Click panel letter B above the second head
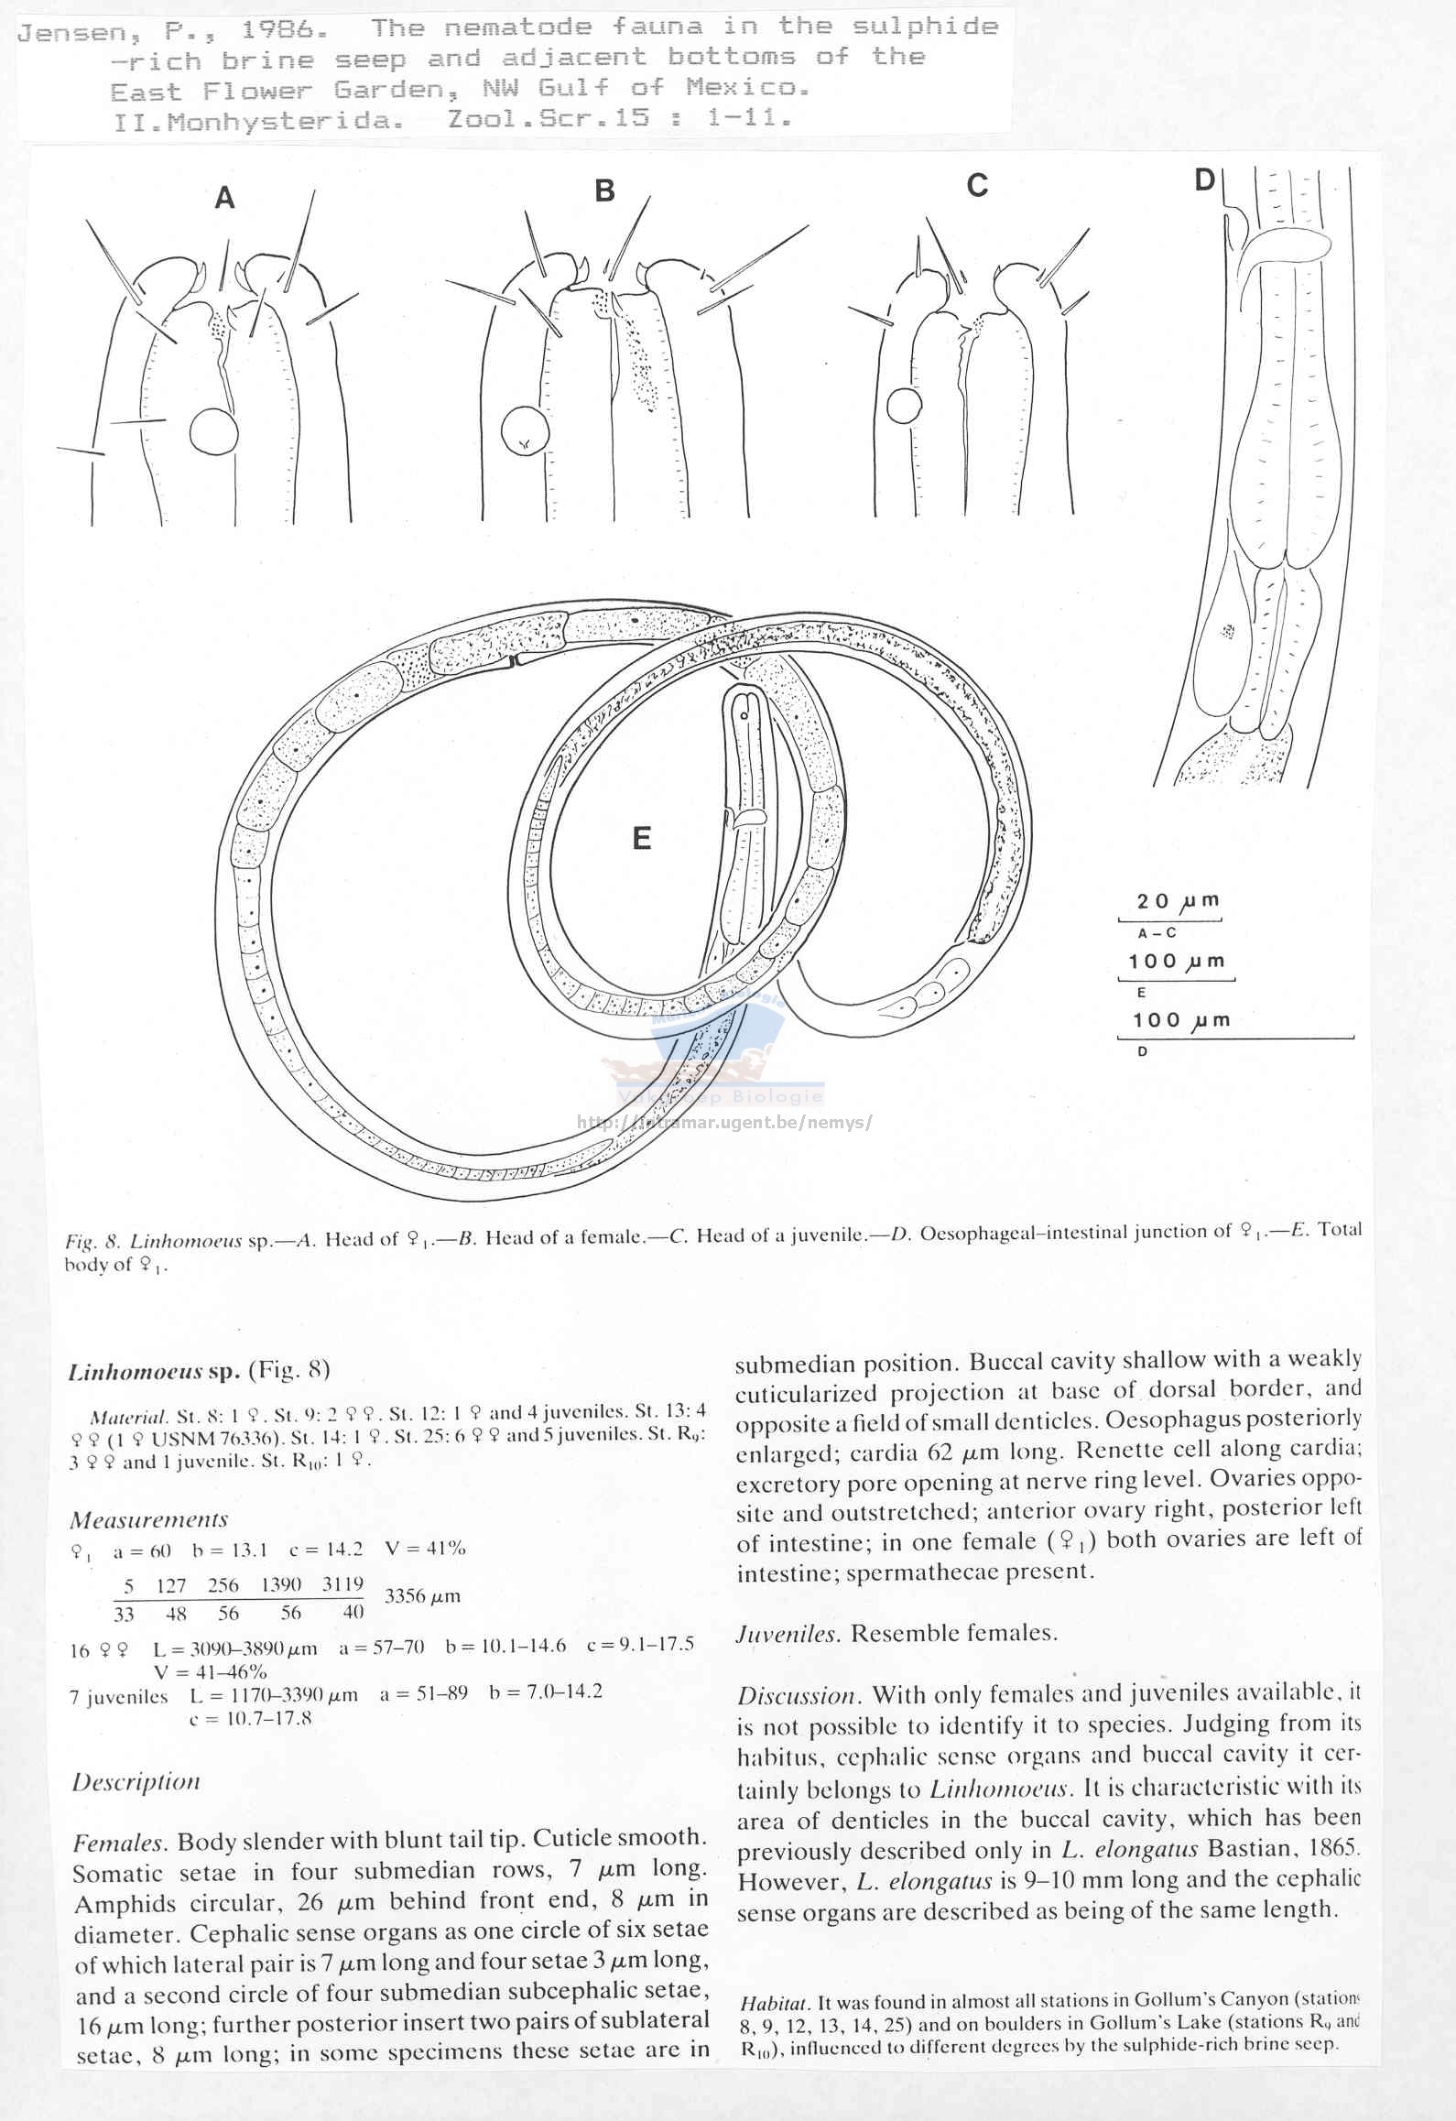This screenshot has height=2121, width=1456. click(x=604, y=190)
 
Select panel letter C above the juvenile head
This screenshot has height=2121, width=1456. click(x=977, y=186)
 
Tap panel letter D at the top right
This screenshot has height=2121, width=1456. click(x=1204, y=179)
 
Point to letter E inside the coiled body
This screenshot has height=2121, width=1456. click(x=642, y=838)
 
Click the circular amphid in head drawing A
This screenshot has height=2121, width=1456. click(x=213, y=431)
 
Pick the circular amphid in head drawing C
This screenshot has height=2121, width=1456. click(x=904, y=406)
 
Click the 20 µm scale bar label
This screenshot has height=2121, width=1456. click(x=1178, y=901)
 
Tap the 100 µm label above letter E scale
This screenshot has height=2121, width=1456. click(x=1177, y=962)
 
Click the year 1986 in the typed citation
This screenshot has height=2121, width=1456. click(x=284, y=29)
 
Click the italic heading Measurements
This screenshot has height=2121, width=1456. click(x=148, y=1519)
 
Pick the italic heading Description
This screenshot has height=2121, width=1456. click(x=136, y=1781)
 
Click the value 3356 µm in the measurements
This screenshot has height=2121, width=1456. click(x=422, y=1595)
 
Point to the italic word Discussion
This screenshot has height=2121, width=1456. click(x=796, y=1695)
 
